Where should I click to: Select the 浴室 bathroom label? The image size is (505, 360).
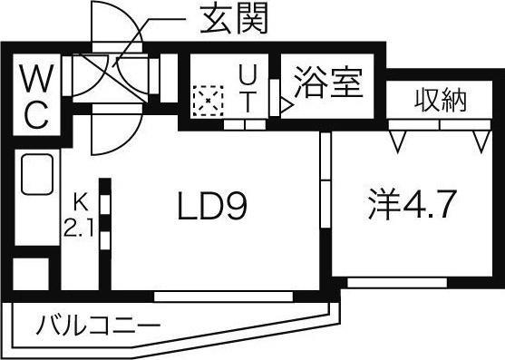click(328, 83)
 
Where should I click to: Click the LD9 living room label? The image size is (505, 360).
click(212, 210)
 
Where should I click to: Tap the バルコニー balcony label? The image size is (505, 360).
click(99, 324)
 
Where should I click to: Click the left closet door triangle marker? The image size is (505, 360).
click(395, 141)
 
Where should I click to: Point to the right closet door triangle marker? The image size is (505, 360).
click(481, 141)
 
